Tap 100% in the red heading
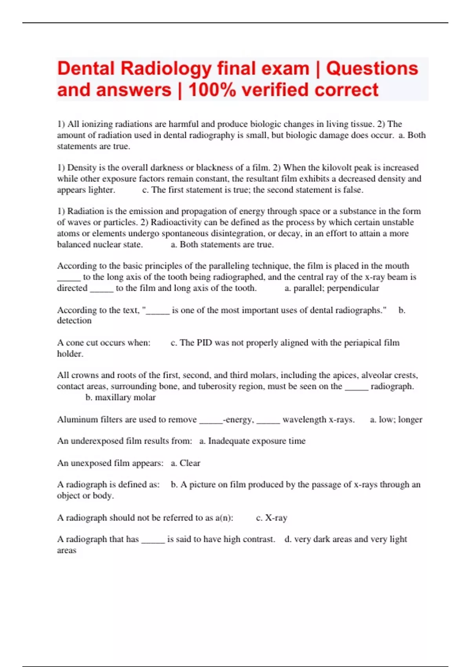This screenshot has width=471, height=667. pyautogui.click(x=212, y=90)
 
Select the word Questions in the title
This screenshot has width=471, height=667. pyautogui.click(x=372, y=69)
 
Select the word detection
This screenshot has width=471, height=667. pyautogui.click(x=74, y=321)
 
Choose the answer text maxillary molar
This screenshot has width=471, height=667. pyautogui.click(x=120, y=397)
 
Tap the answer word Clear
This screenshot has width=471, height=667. pyautogui.click(x=190, y=463)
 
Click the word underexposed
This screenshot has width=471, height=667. pyautogui.click(x=97, y=441)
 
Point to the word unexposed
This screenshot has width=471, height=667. pyautogui.click(x=91, y=463)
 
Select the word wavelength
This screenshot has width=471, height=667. pyautogui.click(x=304, y=419)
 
